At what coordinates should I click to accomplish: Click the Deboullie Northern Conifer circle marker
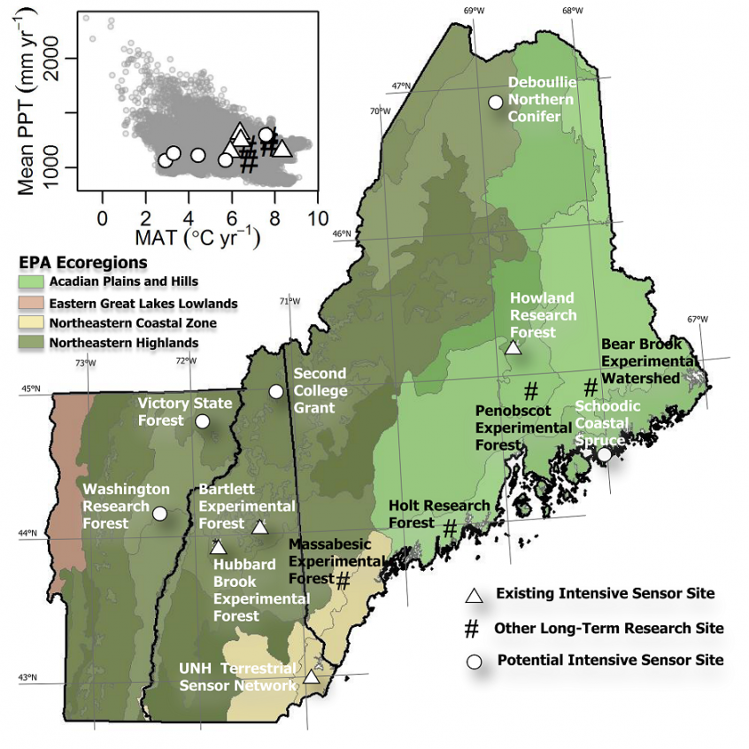click(x=496, y=102)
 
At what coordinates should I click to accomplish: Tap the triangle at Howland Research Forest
click(x=513, y=347)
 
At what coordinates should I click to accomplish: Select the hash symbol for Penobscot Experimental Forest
click(x=531, y=390)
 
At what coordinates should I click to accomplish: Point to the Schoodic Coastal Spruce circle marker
click(x=605, y=454)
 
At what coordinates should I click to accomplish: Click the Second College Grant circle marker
click(x=276, y=391)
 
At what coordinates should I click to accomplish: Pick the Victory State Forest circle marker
click(x=202, y=421)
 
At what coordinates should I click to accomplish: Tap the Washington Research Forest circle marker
click(x=159, y=513)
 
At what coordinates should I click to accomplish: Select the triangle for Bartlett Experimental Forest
click(x=259, y=528)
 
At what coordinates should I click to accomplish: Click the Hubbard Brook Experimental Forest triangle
click(x=218, y=547)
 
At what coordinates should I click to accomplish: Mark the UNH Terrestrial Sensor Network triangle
click(x=312, y=677)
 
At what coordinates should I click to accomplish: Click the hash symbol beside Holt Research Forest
click(x=450, y=529)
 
